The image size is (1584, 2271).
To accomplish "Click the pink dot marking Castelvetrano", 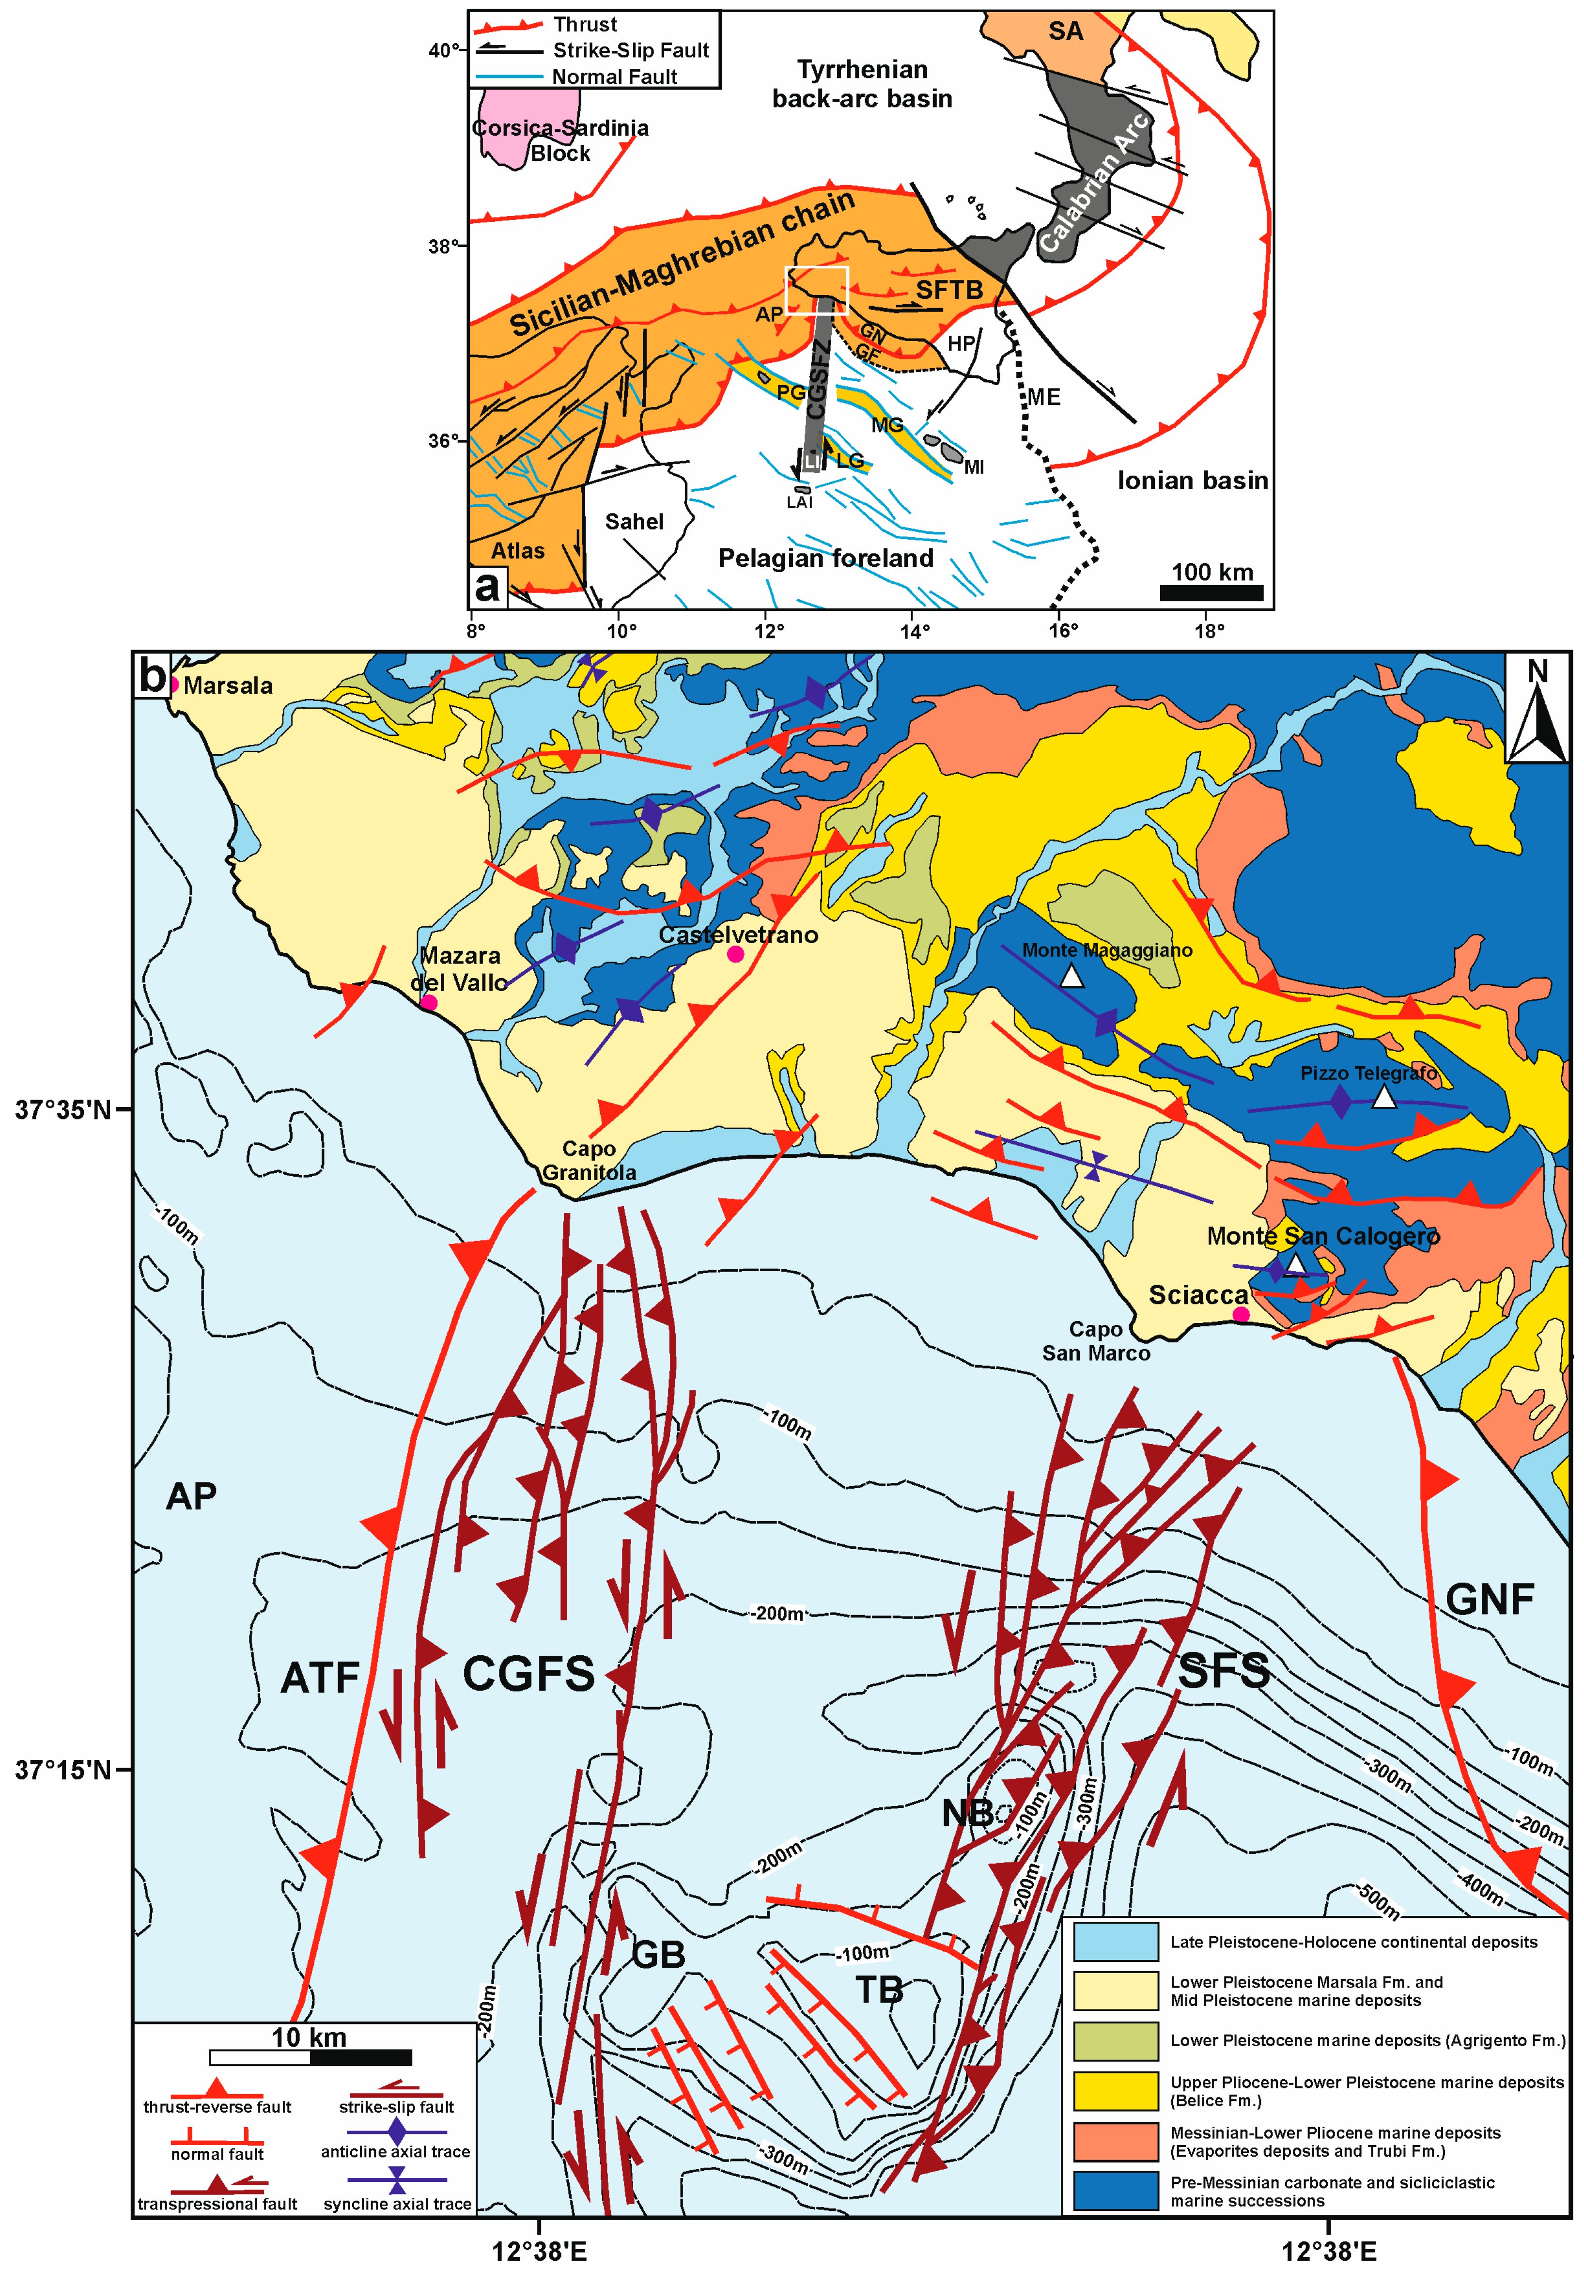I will pyautogui.click(x=735, y=953).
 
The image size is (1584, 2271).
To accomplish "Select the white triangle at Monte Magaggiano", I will pyautogui.click(x=1071, y=976).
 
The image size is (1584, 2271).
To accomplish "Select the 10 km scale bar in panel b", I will pyautogui.click(x=311, y=2057).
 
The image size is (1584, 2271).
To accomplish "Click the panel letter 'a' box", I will pyautogui.click(x=487, y=587).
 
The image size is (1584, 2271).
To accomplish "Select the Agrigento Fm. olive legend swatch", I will pyautogui.click(x=1115, y=2040).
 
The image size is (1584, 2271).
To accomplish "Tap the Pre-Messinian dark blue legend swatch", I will pyautogui.click(x=1115, y=2190).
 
